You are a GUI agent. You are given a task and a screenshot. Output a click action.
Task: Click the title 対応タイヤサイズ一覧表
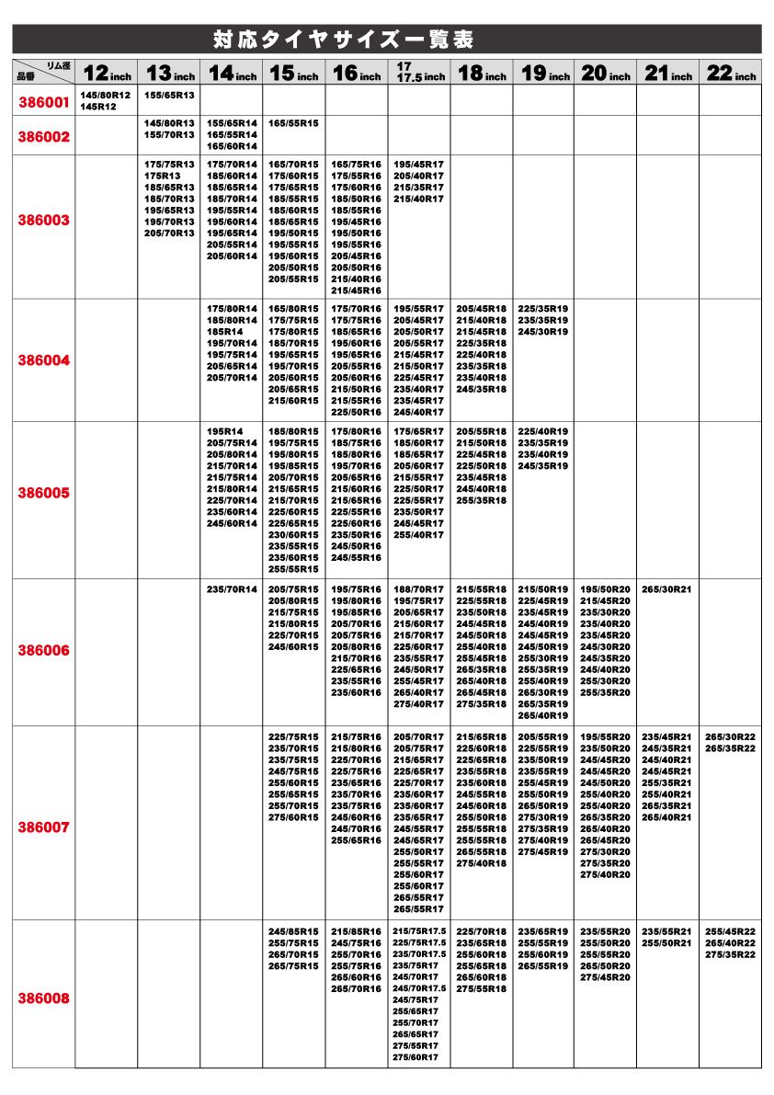(343, 40)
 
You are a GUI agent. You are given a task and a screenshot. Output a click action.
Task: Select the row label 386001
(43, 102)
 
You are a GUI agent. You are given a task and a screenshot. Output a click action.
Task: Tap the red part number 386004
(43, 360)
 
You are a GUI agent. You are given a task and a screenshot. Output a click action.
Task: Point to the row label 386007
(43, 827)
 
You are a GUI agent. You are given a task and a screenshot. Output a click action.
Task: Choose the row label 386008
(43, 998)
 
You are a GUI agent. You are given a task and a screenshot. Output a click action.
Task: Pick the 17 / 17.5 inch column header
(419, 73)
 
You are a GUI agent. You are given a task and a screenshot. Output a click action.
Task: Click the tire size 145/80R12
(105, 96)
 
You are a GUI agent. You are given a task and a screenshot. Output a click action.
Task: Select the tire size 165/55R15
(293, 122)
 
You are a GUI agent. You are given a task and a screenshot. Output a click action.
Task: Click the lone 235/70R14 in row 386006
(232, 589)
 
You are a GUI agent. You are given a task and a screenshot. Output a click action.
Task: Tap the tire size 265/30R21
(667, 589)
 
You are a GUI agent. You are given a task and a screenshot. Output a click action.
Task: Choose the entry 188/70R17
(418, 589)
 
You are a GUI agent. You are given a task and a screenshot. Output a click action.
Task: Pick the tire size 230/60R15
(293, 535)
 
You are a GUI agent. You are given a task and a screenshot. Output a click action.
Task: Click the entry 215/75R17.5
(419, 931)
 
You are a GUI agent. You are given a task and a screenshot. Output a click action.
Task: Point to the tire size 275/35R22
(730, 954)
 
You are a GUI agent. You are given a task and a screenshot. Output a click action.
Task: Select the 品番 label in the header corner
(26, 77)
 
